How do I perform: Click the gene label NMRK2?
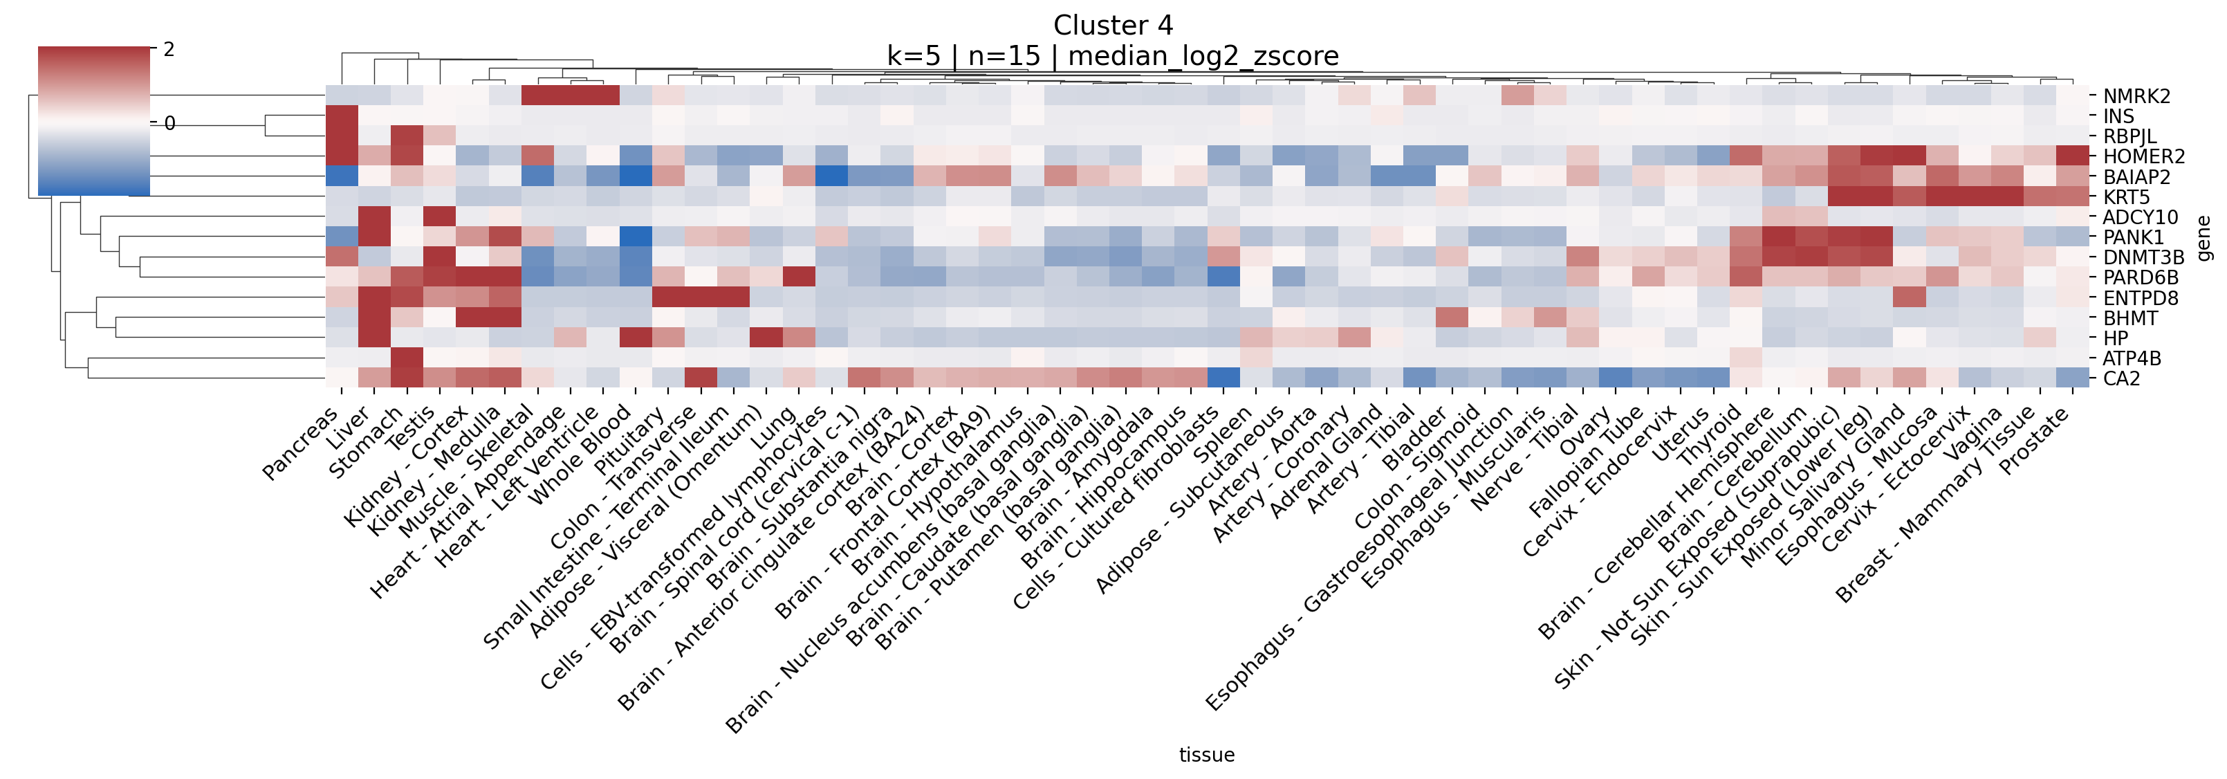pyautogui.click(x=2136, y=96)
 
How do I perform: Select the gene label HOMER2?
pyautogui.click(x=2143, y=156)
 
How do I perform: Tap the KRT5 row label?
pyautogui.click(x=2126, y=197)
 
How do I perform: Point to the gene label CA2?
pyautogui.click(x=2122, y=378)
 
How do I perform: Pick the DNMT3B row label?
pyautogui.click(x=2143, y=257)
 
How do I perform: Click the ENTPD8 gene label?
pyautogui.click(x=2140, y=298)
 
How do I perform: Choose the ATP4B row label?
pyautogui.click(x=2131, y=358)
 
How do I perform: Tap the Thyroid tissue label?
pyautogui.click(x=1708, y=437)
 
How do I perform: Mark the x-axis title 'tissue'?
pyautogui.click(x=1206, y=755)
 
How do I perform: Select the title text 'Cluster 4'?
pyautogui.click(x=1113, y=25)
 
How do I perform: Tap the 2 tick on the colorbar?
pyautogui.click(x=169, y=49)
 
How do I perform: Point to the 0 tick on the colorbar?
pyautogui.click(x=169, y=124)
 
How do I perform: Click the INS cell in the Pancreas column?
pyautogui.click(x=342, y=116)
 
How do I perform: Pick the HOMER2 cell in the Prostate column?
pyautogui.click(x=2072, y=156)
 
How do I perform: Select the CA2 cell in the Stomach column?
pyautogui.click(x=407, y=378)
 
